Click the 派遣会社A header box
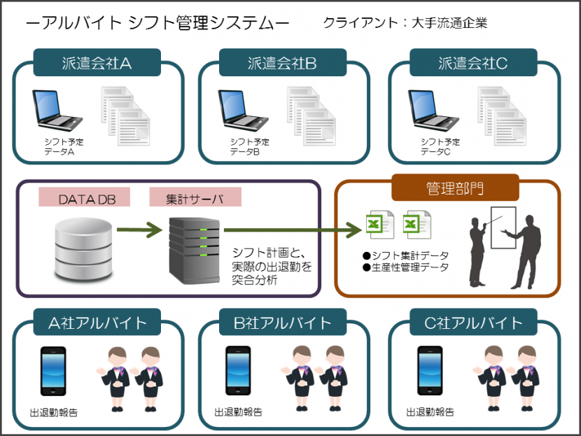click(x=97, y=62)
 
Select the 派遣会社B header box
click(x=283, y=62)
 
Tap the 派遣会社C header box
click(x=473, y=62)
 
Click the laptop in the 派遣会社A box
click(x=57, y=110)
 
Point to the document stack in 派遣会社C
click(x=502, y=116)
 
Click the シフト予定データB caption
click(x=249, y=147)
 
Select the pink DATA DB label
click(x=85, y=197)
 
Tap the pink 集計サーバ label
click(x=195, y=197)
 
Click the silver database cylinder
click(x=83, y=248)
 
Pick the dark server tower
click(x=195, y=251)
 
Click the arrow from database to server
click(x=139, y=230)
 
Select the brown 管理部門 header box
click(x=456, y=188)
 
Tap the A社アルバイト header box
click(x=97, y=322)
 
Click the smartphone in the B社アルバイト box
click(x=238, y=371)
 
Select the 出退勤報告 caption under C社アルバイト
click(x=430, y=412)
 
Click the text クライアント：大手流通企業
click(x=405, y=23)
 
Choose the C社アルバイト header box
click(x=473, y=322)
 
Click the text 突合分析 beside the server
click(x=255, y=280)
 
